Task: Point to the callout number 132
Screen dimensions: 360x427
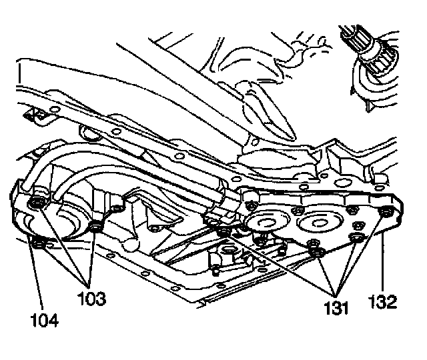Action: (x=384, y=302)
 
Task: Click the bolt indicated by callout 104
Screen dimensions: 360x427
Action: (x=38, y=245)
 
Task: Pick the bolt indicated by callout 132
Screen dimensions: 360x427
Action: (x=386, y=213)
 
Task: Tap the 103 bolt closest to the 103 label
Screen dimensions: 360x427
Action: (x=97, y=229)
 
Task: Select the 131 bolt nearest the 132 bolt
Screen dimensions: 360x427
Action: (x=357, y=237)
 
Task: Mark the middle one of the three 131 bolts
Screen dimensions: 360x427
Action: (x=318, y=252)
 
